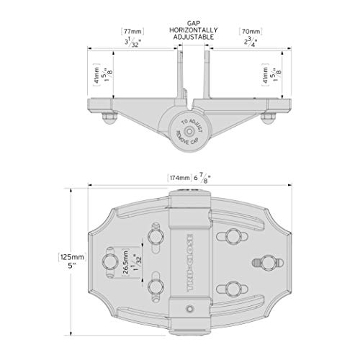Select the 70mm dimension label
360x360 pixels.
pos(249,32)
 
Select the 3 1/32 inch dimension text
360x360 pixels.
pos(131,43)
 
